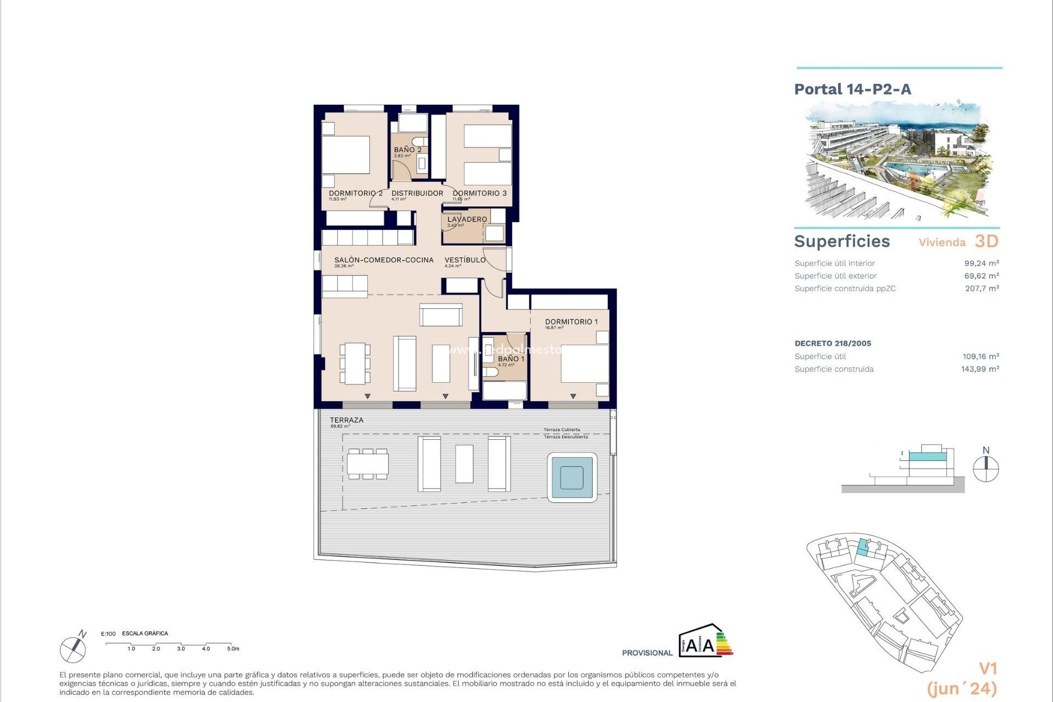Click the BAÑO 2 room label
(407, 150)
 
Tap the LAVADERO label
(467, 219)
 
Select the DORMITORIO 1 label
(571, 322)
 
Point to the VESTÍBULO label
(465, 260)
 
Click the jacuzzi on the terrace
(572, 477)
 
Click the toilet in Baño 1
(490, 372)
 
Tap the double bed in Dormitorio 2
(346, 155)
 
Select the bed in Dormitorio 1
(584, 363)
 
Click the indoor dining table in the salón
(355, 363)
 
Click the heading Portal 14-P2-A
(852, 89)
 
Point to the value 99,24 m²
(981, 263)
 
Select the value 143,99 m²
(980, 369)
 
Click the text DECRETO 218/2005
(833, 343)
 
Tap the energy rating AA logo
(705, 641)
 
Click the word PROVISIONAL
(647, 653)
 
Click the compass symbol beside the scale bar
(73, 648)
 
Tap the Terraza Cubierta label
(562, 430)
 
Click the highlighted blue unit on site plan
(863, 548)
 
